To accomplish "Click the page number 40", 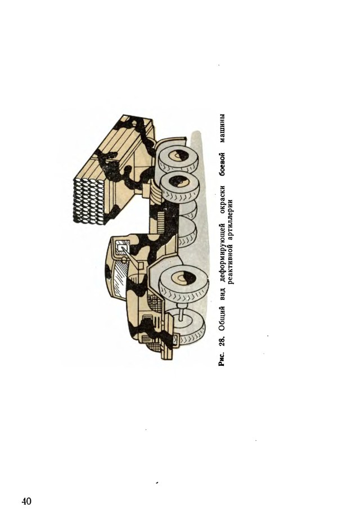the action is [26, 501].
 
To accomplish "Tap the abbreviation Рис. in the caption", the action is [222, 359].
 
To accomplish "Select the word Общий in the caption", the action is [222, 322].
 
